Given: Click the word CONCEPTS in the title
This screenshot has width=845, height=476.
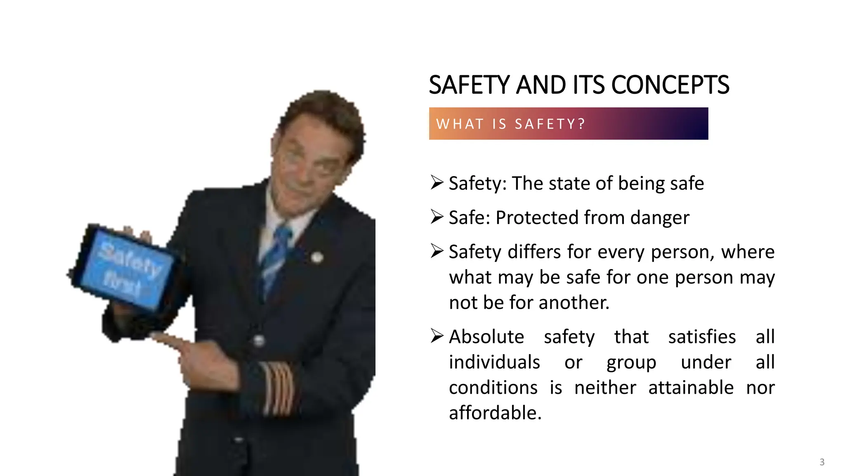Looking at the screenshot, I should [x=670, y=85].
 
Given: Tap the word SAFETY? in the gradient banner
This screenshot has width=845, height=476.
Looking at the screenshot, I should [x=550, y=124].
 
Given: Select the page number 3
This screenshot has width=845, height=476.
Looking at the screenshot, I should [x=822, y=462].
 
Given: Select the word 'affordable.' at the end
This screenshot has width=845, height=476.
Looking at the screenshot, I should [x=495, y=413].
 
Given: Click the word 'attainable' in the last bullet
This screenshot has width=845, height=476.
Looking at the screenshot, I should [x=691, y=388].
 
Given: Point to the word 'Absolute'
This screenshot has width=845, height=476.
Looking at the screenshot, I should [x=486, y=337].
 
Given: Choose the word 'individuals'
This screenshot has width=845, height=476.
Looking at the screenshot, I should [x=494, y=362].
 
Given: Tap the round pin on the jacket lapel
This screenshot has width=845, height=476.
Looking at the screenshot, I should [x=316, y=257].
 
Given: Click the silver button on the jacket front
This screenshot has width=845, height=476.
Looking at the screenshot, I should [x=259, y=341].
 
